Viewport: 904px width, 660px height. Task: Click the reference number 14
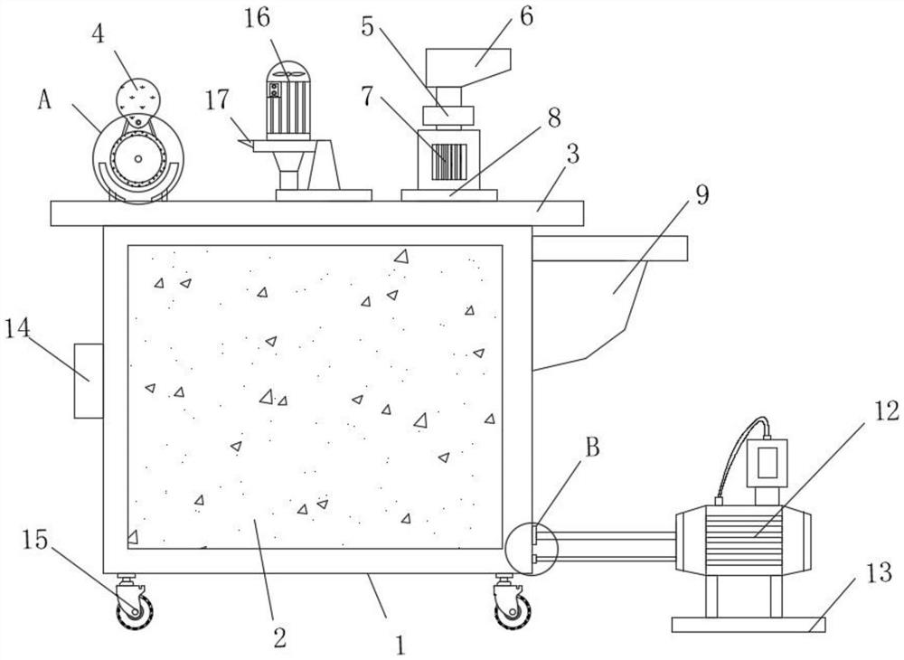click(18, 328)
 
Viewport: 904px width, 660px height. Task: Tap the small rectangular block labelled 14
click(89, 381)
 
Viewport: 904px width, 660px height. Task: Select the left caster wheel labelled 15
click(135, 608)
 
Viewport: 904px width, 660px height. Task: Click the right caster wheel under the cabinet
click(513, 609)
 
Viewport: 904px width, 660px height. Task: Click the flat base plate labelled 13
click(749, 624)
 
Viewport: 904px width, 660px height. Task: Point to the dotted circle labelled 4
click(138, 95)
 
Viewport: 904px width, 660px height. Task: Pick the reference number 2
click(279, 637)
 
